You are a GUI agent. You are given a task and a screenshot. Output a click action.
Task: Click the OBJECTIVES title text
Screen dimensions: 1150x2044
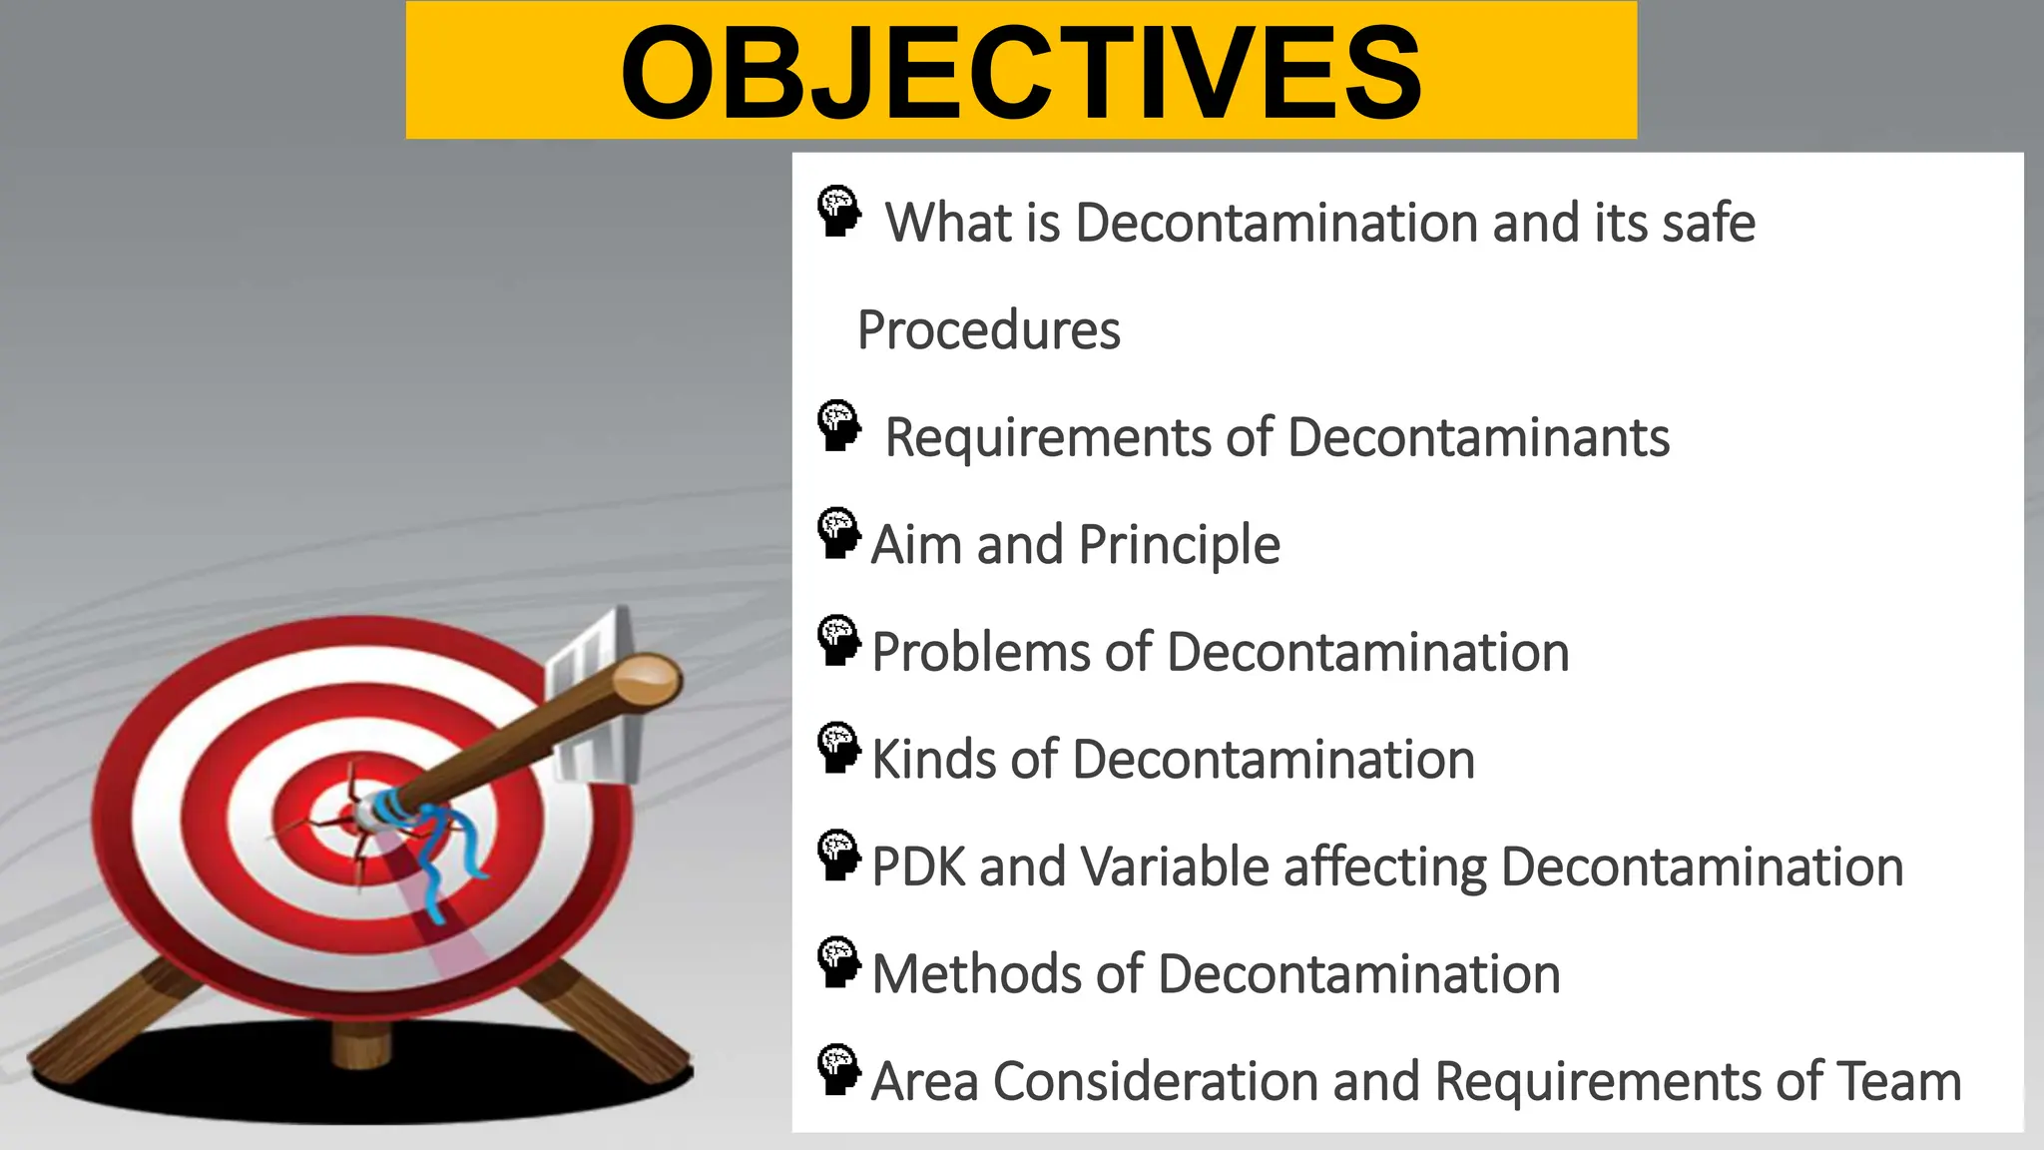1020,72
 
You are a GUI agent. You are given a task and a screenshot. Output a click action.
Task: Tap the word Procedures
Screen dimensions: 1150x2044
988,330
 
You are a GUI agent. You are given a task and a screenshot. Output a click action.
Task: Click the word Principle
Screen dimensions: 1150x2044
1179,546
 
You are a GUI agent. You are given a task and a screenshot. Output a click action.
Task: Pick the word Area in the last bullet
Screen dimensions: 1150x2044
924,1082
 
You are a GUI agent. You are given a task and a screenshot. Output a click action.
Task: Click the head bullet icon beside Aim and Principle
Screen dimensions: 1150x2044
838,534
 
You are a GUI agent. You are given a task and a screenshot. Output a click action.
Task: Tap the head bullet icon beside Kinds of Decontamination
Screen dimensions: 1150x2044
838,749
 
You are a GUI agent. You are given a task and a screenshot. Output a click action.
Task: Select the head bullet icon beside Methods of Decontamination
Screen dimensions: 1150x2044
838,963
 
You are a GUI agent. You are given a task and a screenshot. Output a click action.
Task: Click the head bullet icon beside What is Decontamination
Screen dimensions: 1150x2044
838,211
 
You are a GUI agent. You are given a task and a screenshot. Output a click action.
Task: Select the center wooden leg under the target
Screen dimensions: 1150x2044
360,1044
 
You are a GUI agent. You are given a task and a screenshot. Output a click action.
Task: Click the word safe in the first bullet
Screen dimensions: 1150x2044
1708,223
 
